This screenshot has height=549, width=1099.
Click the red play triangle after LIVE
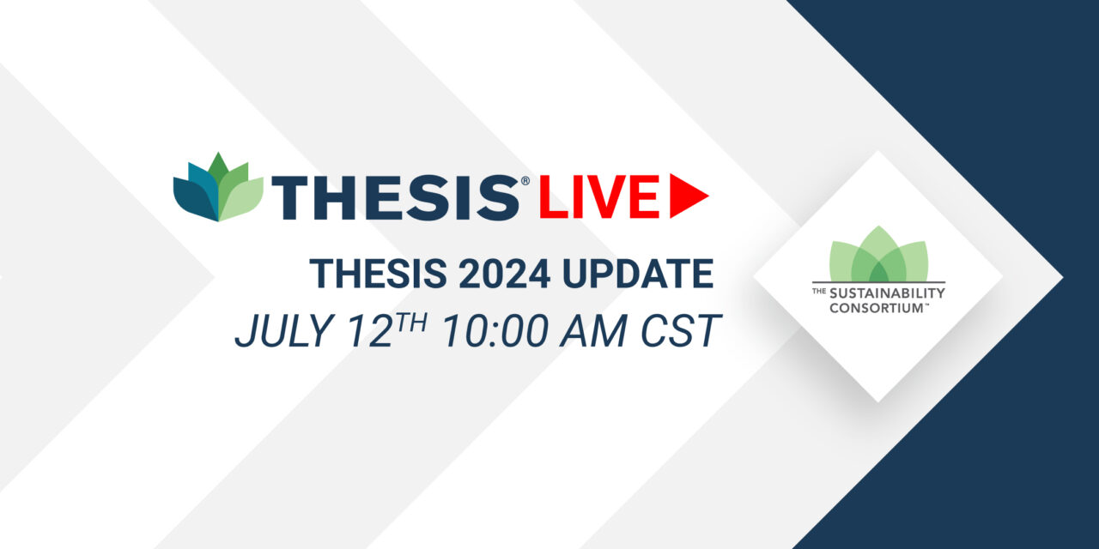pyautogui.click(x=687, y=196)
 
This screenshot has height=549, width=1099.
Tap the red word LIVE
pyautogui.click(x=599, y=196)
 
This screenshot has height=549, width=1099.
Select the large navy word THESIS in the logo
pyautogui.click(x=395, y=197)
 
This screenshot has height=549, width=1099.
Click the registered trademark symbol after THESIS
pyautogui.click(x=525, y=181)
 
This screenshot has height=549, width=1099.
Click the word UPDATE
pyautogui.click(x=638, y=274)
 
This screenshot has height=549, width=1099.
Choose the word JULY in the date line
pyautogui.click(x=284, y=331)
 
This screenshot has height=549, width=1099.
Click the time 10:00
pyautogui.click(x=495, y=331)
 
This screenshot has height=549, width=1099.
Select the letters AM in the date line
pyautogui.click(x=593, y=331)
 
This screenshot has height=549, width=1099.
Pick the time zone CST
pyautogui.click(x=681, y=331)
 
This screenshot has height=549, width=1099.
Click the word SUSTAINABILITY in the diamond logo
pyautogui.click(x=887, y=293)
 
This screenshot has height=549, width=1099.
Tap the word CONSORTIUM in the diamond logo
pyautogui.click(x=877, y=308)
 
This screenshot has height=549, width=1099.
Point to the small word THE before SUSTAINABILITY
pyautogui.click(x=819, y=292)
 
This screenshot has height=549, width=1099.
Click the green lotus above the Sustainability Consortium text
pyautogui.click(x=878, y=254)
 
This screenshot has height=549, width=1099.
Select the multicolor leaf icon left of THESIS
pyautogui.click(x=218, y=187)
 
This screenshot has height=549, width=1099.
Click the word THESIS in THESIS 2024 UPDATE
pyautogui.click(x=378, y=274)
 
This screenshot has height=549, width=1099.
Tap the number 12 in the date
pyautogui.click(x=370, y=331)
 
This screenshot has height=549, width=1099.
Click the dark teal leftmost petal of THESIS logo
pyautogui.click(x=193, y=198)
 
